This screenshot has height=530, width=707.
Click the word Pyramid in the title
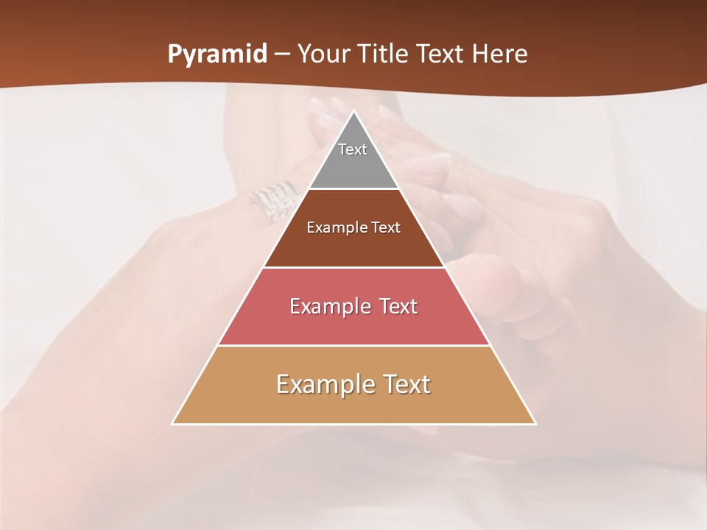[x=217, y=54]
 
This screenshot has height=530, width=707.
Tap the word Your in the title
[x=323, y=54]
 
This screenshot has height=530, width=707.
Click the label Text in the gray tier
[x=353, y=149]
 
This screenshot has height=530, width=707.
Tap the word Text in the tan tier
[x=405, y=384]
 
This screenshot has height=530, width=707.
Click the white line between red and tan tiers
[x=353, y=345]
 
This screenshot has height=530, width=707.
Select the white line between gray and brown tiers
[x=353, y=188]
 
